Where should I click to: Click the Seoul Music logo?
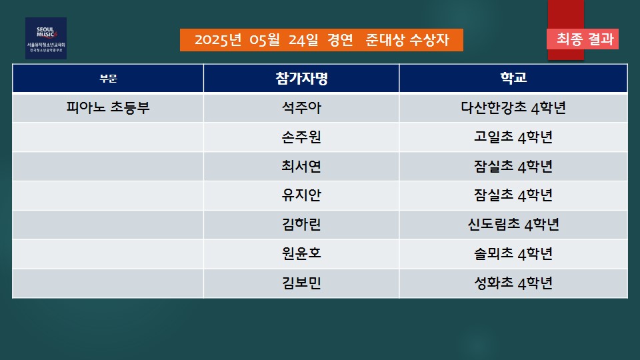click(x=46, y=39)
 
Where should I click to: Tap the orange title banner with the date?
click(x=321, y=40)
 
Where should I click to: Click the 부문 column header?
click(x=108, y=79)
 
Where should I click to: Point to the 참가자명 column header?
click(x=301, y=78)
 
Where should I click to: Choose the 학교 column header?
click(x=513, y=77)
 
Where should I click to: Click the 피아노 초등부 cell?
click(x=108, y=108)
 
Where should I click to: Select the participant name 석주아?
click(x=301, y=108)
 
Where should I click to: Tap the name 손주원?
click(x=301, y=137)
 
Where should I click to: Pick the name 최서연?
click(x=301, y=166)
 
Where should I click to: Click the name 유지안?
click(x=301, y=195)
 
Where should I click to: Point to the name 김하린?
click(x=301, y=225)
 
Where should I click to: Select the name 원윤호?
click(x=301, y=253)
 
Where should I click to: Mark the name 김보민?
click(x=301, y=283)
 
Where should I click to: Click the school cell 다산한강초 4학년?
click(x=513, y=108)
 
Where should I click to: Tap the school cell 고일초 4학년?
click(x=513, y=137)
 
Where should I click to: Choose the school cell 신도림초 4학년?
click(x=513, y=225)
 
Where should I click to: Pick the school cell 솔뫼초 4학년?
click(x=513, y=253)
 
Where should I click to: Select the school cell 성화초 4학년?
click(x=513, y=283)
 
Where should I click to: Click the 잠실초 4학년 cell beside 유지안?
click(x=513, y=195)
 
